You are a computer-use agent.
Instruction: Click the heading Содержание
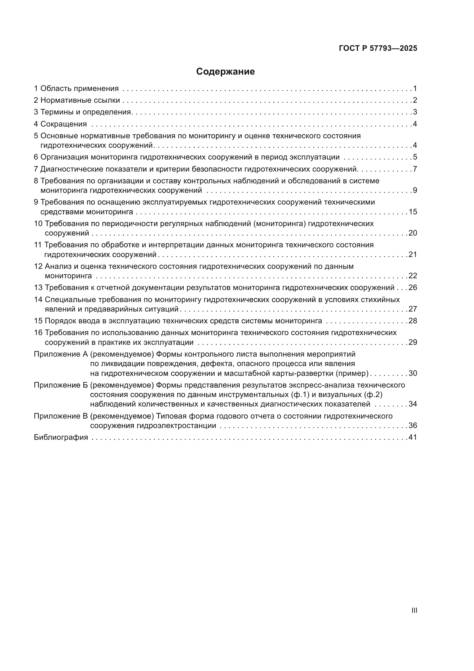point(225,72)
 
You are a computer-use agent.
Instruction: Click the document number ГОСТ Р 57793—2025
point(378,48)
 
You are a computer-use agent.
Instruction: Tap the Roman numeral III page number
point(414,610)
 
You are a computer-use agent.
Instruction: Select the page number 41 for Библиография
point(413,437)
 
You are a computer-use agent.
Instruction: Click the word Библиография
point(61,437)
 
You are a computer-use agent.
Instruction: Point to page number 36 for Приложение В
point(413,425)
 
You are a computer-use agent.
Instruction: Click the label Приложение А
point(61,354)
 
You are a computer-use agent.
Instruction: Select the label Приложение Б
point(61,385)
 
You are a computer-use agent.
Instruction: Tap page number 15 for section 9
point(413,212)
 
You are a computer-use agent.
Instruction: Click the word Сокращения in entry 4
point(64,124)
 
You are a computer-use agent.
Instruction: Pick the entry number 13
point(38,287)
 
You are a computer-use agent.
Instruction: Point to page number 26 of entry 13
point(413,287)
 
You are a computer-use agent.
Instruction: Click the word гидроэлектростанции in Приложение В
point(176,425)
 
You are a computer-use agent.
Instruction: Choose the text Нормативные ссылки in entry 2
point(80,100)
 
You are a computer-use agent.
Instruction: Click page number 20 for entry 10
point(413,233)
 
